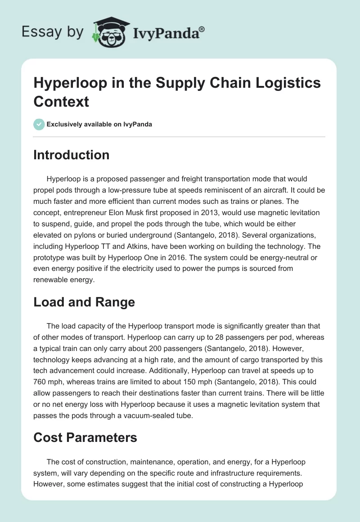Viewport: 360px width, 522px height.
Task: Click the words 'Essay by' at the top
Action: pyautogui.click(x=52, y=32)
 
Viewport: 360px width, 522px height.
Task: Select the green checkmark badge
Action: pyautogui.click(x=39, y=124)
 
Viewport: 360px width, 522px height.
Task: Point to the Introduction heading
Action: pyautogui.click(x=71, y=155)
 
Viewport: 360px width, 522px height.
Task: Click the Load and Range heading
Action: pyautogui.click(x=84, y=302)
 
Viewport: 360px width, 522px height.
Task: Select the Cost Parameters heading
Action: pyautogui.click(x=85, y=437)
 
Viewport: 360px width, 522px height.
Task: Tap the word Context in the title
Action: pyautogui.click(x=61, y=101)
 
